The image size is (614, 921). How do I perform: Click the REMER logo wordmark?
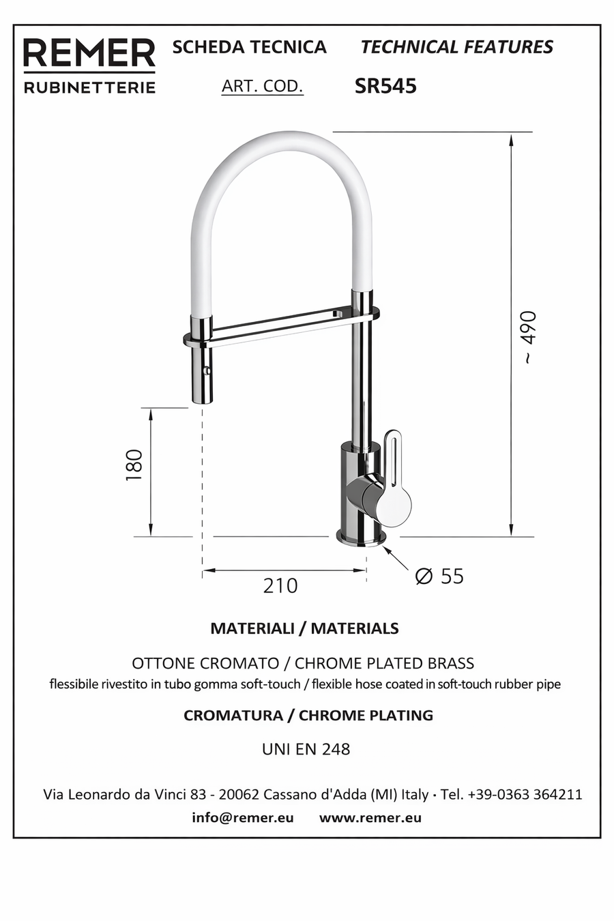click(89, 53)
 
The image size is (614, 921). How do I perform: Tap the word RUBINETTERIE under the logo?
click(89, 87)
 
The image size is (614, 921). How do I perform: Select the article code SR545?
click(385, 86)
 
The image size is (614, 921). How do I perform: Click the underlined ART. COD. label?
click(262, 86)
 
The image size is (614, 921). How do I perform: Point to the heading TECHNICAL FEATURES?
click(456, 47)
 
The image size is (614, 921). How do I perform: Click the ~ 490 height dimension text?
click(529, 337)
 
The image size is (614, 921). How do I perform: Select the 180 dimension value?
click(134, 466)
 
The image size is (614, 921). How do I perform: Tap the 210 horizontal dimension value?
click(280, 585)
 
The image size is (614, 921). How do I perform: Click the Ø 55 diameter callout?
click(439, 576)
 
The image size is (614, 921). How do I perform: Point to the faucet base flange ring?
click(360, 538)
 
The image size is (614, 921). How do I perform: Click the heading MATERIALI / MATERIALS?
click(304, 628)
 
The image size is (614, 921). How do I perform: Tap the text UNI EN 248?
click(306, 749)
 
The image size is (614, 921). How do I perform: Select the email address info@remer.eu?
click(243, 817)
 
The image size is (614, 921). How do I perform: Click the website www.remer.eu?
click(370, 817)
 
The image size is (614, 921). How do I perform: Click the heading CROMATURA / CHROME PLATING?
click(308, 716)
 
